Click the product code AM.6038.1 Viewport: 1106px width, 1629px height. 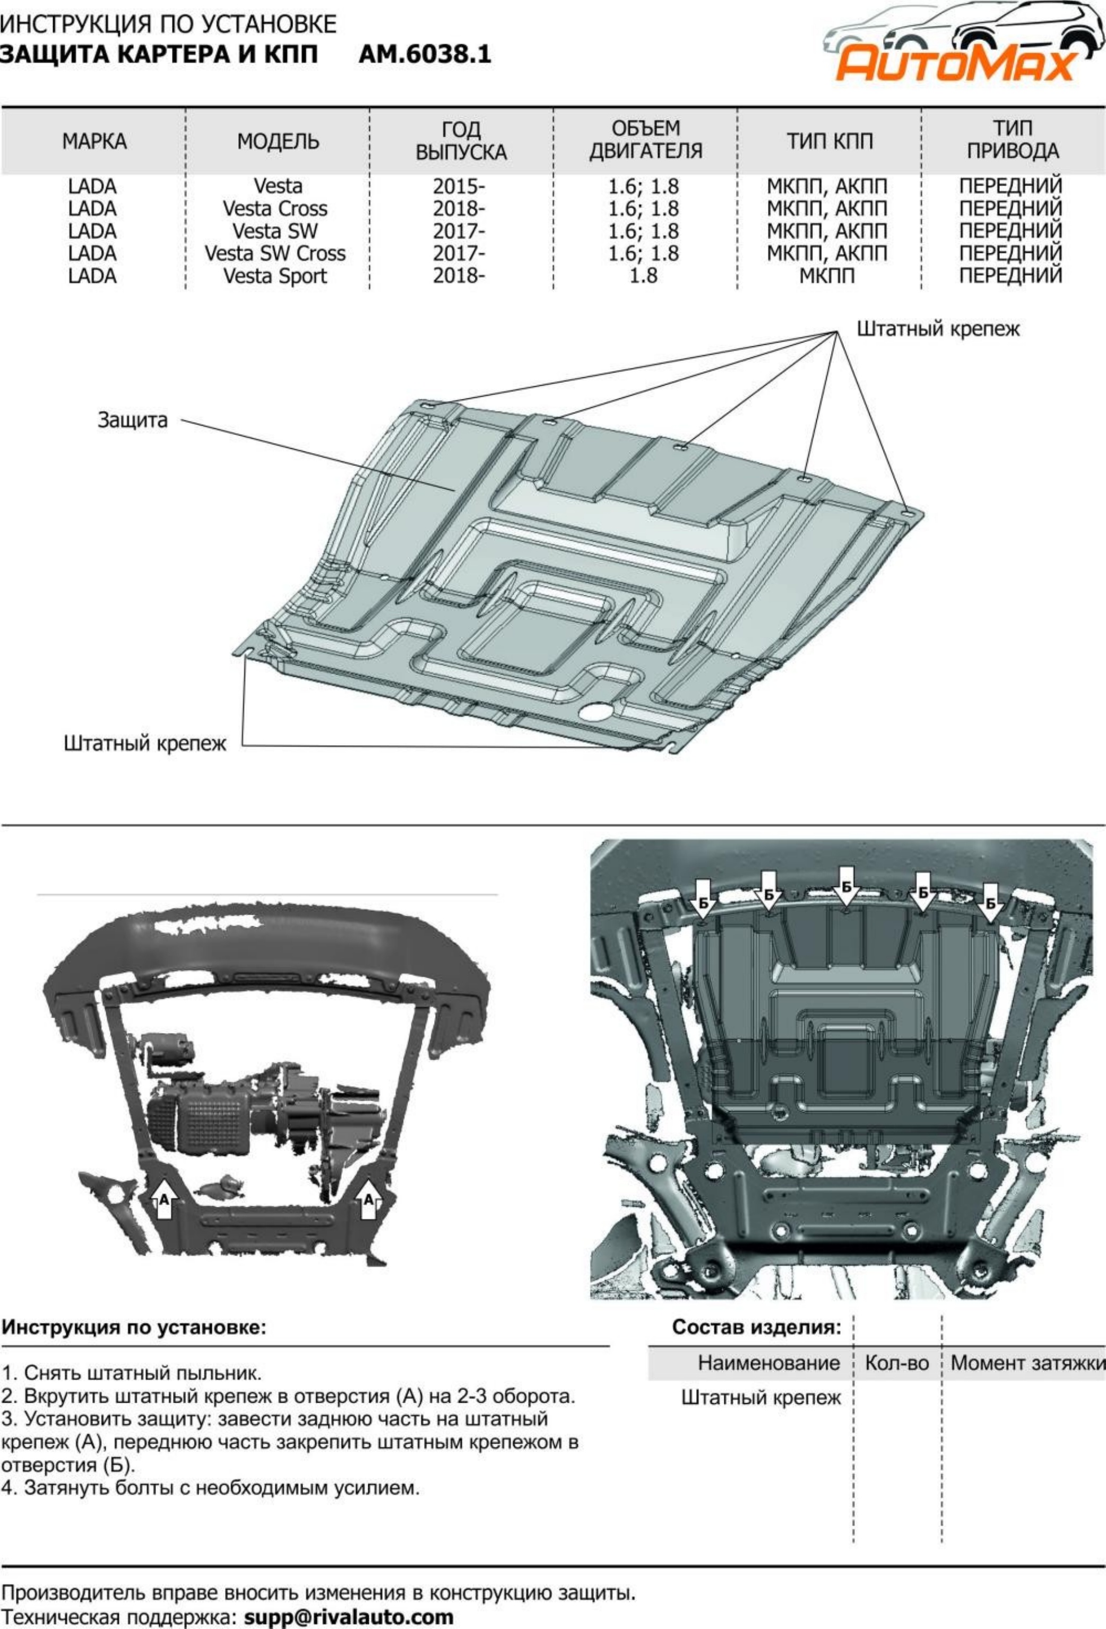425,55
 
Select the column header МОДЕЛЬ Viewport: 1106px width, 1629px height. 279,142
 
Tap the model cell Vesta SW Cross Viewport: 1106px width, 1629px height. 275,253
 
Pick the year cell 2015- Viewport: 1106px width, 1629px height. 459,186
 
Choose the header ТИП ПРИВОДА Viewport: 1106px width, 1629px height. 1012,140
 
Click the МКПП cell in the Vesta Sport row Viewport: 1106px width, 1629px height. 827,276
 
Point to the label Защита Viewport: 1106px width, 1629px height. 132,421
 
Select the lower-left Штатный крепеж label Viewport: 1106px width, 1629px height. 145,744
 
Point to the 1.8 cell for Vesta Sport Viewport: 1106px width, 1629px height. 643,276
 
